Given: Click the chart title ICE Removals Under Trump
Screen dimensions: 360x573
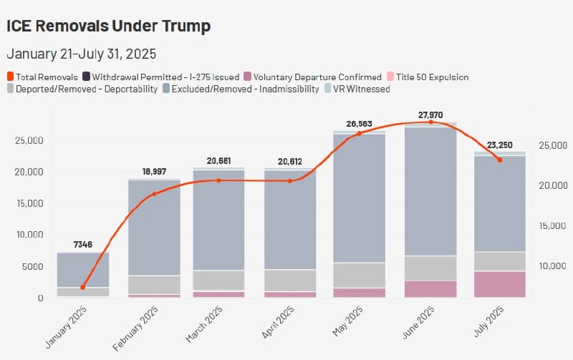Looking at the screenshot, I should (x=108, y=26).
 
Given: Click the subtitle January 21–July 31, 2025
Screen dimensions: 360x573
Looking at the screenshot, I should (x=81, y=54).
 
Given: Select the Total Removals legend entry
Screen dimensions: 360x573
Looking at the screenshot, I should (x=42, y=77).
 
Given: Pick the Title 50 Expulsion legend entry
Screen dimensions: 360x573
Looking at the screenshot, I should (x=427, y=77).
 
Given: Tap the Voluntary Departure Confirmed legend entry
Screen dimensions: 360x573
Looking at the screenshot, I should (x=312, y=77).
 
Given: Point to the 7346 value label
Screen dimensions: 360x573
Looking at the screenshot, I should (x=83, y=245).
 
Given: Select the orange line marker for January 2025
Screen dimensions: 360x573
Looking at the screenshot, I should (x=83, y=287).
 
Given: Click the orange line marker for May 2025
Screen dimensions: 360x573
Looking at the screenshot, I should (x=360, y=133).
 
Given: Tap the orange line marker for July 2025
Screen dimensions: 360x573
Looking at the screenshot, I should (x=499, y=160).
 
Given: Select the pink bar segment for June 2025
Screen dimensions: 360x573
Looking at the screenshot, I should (x=430, y=288).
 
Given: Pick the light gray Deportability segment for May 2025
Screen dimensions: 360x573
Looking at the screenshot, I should (x=360, y=276).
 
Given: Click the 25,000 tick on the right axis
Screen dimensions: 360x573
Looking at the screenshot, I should (x=552, y=145).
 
